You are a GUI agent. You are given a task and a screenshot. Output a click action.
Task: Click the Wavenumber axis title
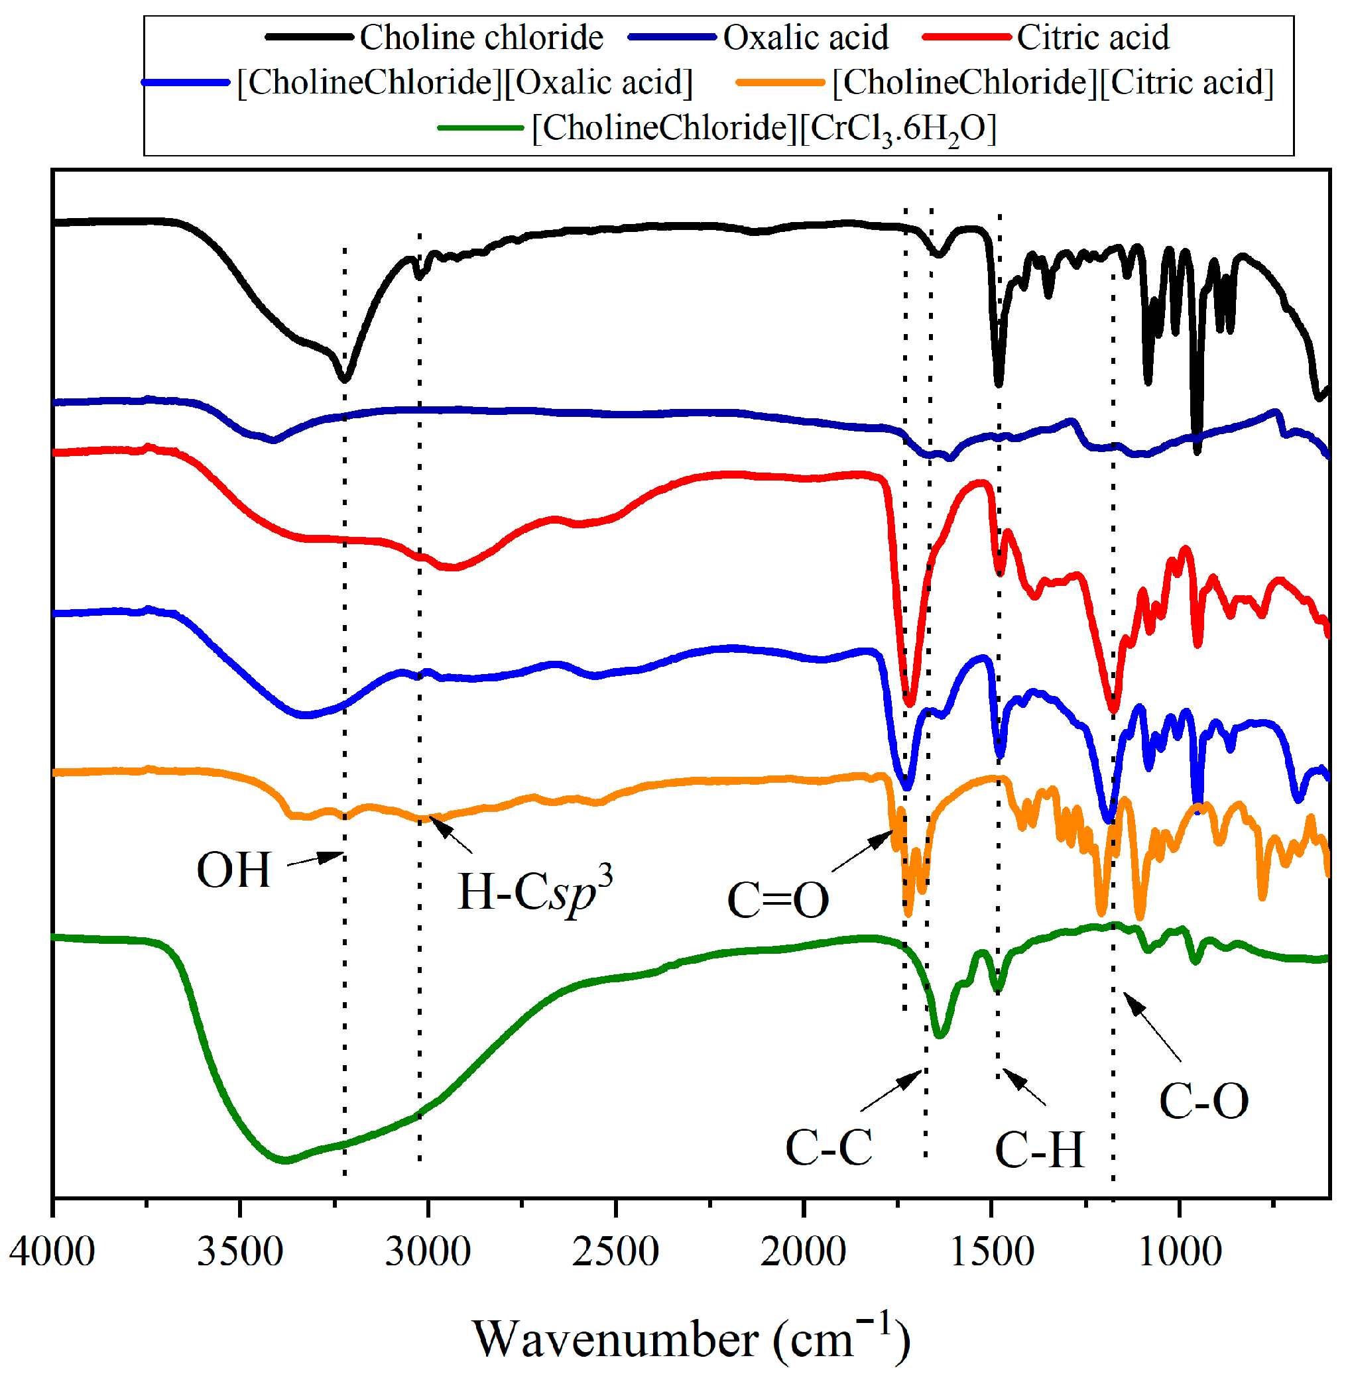[x=690, y=1338]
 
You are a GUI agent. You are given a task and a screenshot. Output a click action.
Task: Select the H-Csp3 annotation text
[x=534, y=890]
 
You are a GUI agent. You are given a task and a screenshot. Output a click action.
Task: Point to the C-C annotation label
[x=828, y=1147]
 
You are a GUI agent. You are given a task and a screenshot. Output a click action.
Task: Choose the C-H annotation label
[x=1038, y=1149]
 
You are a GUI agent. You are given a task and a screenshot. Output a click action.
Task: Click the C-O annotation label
[x=1203, y=1102]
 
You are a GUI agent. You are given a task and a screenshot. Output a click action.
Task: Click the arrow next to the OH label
[x=316, y=859]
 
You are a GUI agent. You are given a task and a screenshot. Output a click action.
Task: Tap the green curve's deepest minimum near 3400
[x=284, y=1160]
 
